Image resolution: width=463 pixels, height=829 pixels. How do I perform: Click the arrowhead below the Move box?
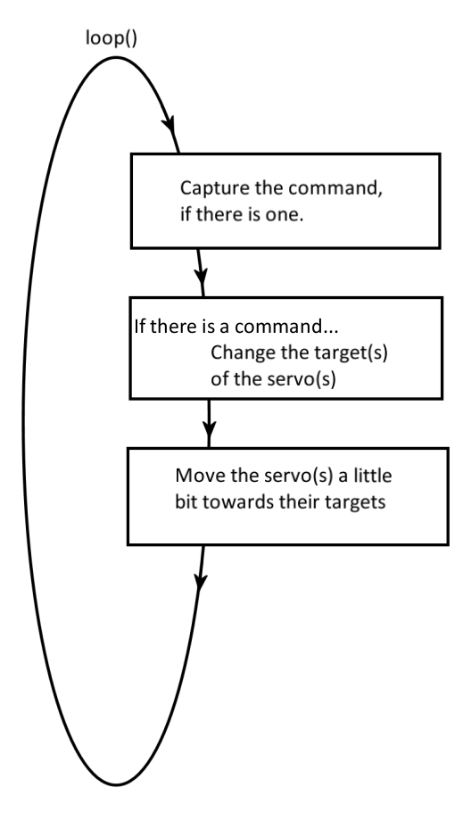pyautogui.click(x=200, y=581)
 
